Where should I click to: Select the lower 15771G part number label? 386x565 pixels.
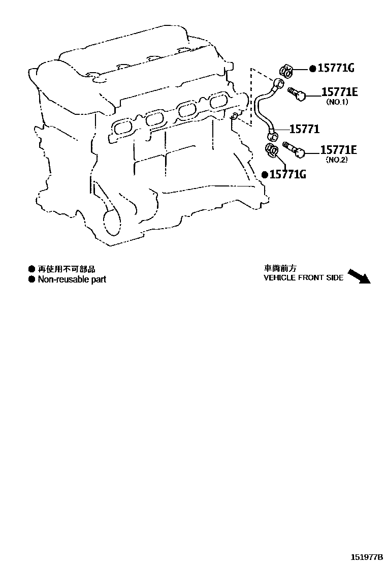(x=287, y=174)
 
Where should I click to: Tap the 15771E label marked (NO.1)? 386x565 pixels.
(x=339, y=91)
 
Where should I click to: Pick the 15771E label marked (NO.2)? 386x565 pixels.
(x=338, y=149)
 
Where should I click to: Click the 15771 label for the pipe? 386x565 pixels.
(x=305, y=129)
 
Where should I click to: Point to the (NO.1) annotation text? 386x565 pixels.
(x=338, y=102)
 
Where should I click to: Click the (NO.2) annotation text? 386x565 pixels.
(x=337, y=160)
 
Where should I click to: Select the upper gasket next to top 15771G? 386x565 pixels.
(x=285, y=73)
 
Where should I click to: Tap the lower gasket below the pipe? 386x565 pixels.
(x=273, y=150)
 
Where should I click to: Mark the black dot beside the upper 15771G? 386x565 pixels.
(x=312, y=69)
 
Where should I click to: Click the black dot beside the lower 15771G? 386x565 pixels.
(x=265, y=174)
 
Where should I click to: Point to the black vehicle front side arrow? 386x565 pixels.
(x=359, y=276)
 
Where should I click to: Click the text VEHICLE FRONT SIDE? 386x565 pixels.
(x=303, y=278)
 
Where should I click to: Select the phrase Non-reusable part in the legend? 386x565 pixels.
(x=72, y=279)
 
